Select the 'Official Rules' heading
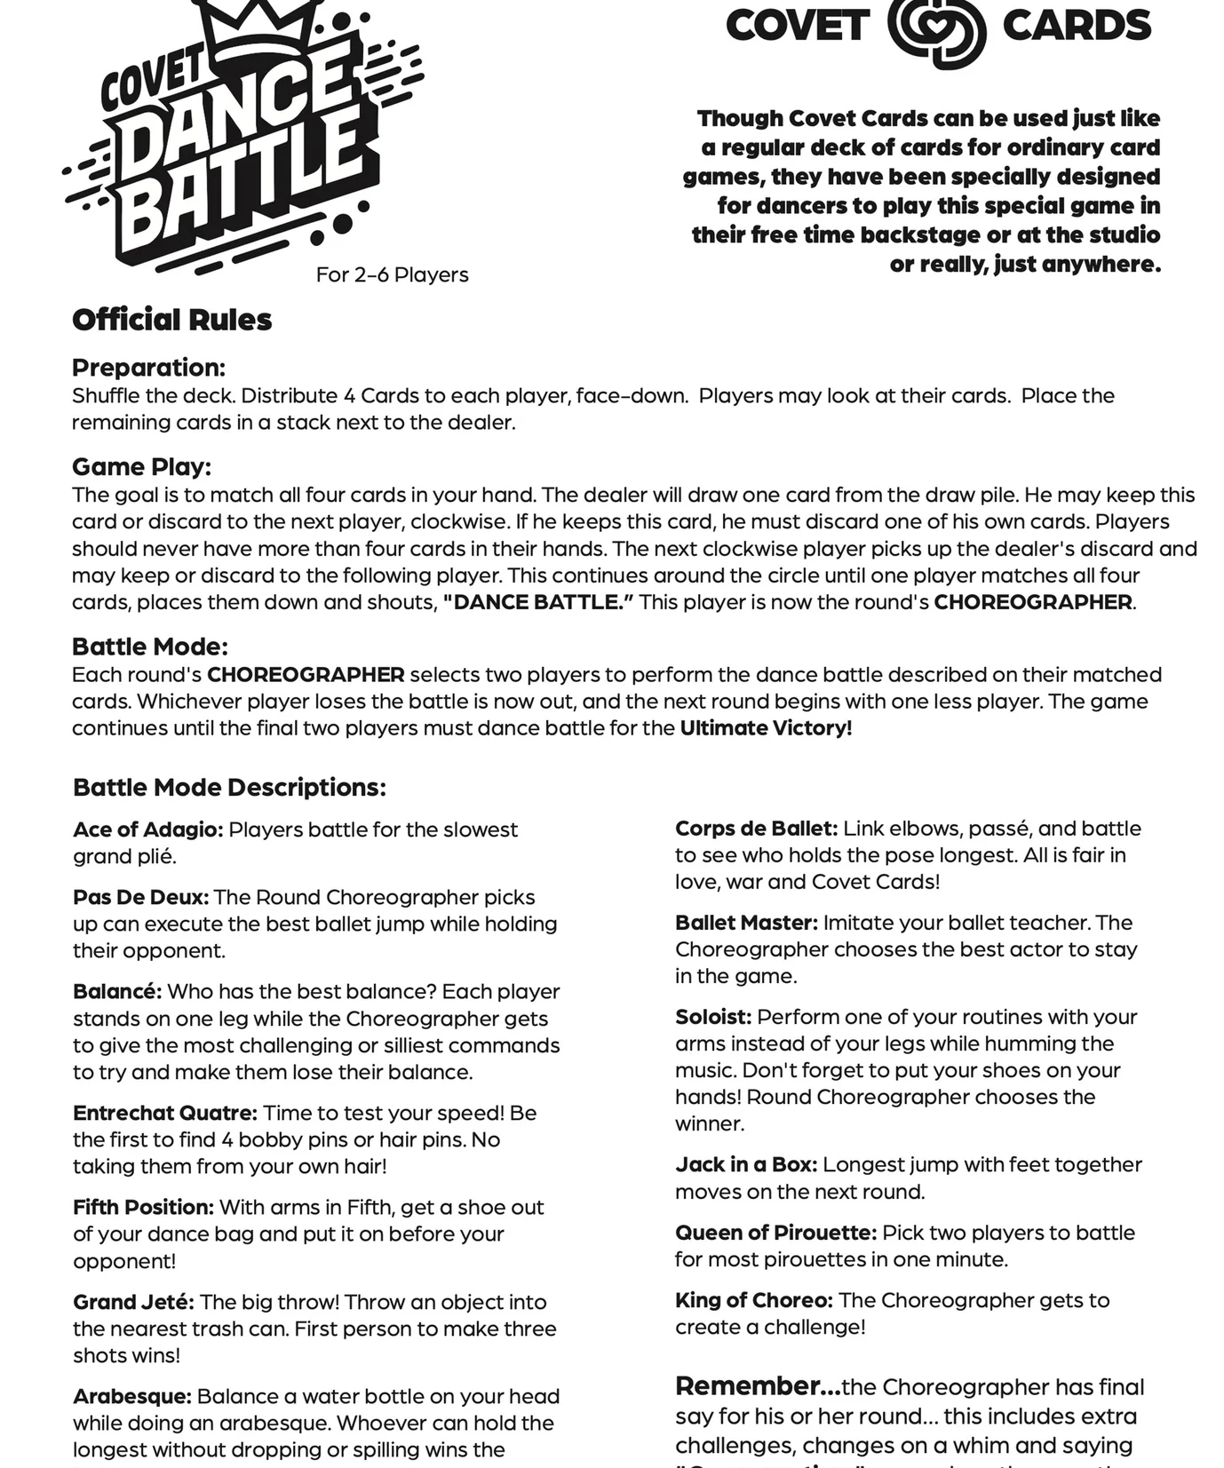tap(171, 320)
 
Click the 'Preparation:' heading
tap(148, 368)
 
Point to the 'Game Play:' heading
tap(141, 466)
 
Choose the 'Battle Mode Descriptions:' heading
tap(229, 787)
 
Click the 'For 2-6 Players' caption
tap(392, 274)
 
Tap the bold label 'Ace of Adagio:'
tap(147, 829)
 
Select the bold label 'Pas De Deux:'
tap(140, 897)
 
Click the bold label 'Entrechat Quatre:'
tap(164, 1113)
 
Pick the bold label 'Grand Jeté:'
tap(133, 1302)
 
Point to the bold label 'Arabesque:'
tap(131, 1396)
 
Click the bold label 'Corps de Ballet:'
tap(756, 829)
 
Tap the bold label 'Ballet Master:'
tap(746, 923)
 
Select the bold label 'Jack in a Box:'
tap(745, 1164)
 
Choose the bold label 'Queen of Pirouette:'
tap(775, 1233)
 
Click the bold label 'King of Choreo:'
tap(753, 1300)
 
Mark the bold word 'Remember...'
tap(757, 1386)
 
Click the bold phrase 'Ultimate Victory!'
tap(766, 728)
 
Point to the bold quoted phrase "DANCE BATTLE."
tap(538, 602)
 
